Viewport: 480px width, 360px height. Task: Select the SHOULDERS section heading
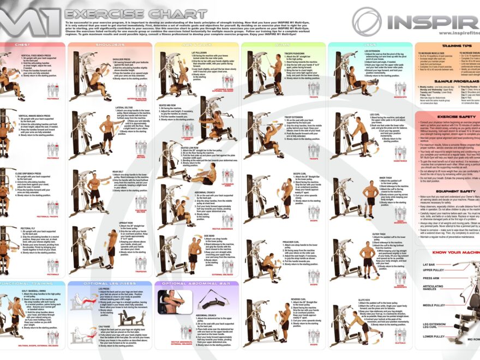[109, 45]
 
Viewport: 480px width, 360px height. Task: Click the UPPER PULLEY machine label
[434, 270]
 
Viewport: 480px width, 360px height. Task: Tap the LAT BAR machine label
[429, 265]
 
